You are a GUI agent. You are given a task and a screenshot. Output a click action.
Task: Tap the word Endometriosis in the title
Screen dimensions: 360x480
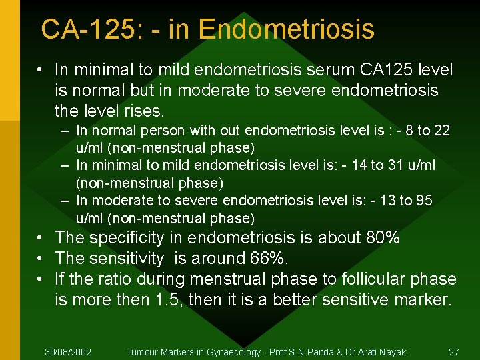tap(286, 29)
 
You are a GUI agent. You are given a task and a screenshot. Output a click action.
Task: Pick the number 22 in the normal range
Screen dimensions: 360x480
tap(442, 131)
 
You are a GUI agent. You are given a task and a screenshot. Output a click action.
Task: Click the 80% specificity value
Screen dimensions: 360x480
tap(383, 238)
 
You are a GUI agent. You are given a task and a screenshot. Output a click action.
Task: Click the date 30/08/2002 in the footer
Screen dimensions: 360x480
tap(68, 351)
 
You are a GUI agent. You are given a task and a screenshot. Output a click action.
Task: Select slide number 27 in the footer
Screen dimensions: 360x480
tap(454, 351)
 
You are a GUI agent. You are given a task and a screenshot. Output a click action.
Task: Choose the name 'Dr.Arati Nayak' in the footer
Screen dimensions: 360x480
tap(377, 351)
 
